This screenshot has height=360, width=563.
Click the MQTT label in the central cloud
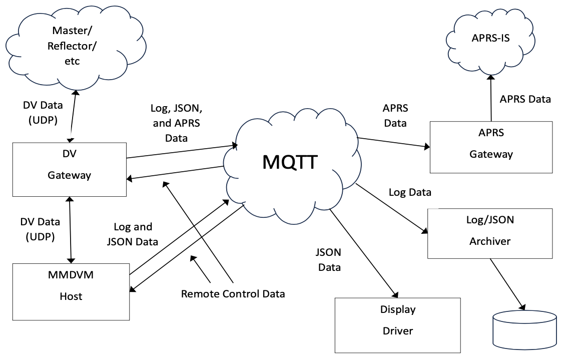pyautogui.click(x=290, y=161)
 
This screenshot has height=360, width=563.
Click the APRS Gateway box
pyautogui.click(x=491, y=147)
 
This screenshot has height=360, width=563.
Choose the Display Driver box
pyautogui.click(x=397, y=325)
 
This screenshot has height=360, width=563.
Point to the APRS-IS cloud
pyautogui.click(x=490, y=38)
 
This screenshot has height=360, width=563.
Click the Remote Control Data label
pyautogui.click(x=233, y=293)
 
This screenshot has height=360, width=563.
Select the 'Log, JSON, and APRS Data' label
pyautogui.click(x=176, y=123)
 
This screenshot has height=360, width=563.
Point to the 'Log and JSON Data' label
pyautogui.click(x=133, y=234)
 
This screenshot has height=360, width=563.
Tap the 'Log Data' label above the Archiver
pyautogui.click(x=410, y=192)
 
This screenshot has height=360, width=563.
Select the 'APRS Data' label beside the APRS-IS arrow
pyautogui.click(x=525, y=99)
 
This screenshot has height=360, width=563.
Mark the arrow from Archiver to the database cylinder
pyautogui.click(x=507, y=283)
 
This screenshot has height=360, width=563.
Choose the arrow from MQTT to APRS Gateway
pyautogui.click(x=393, y=142)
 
